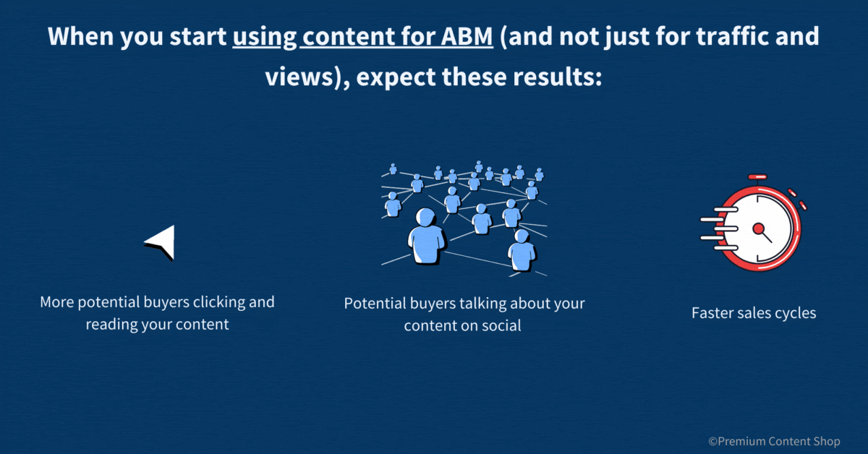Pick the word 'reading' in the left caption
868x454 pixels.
pyautogui.click(x=111, y=325)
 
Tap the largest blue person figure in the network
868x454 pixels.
pyautogui.click(x=426, y=237)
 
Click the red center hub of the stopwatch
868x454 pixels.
pyautogui.click(x=758, y=228)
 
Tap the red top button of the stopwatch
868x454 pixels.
pyautogui.click(x=757, y=177)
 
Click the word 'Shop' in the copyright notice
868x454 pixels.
pyautogui.click(x=827, y=442)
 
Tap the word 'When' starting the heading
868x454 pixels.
pyautogui.click(x=80, y=36)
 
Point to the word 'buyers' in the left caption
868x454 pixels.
pyautogui.click(x=166, y=302)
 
